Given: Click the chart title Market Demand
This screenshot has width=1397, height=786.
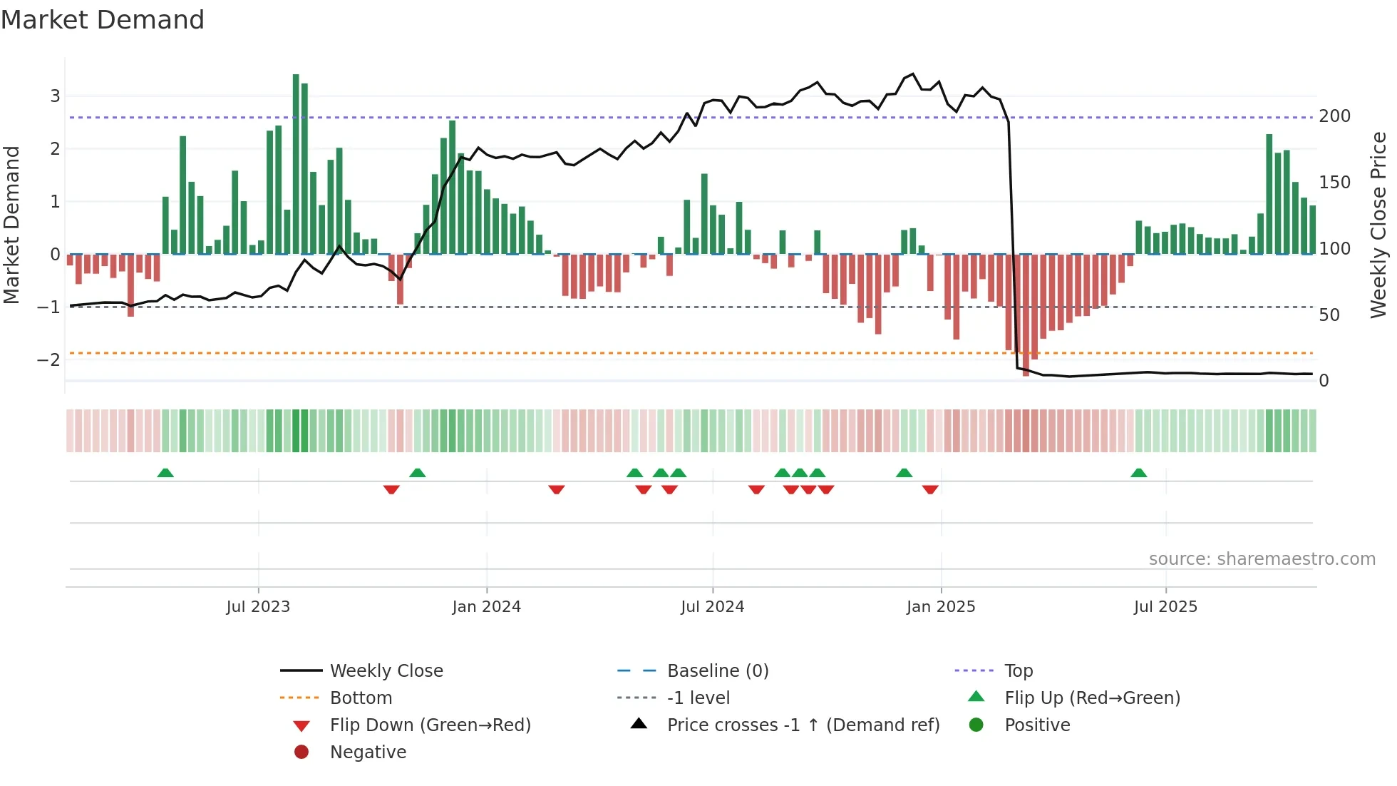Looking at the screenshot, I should [103, 20].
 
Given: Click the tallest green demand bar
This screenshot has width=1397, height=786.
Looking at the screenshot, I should [296, 164].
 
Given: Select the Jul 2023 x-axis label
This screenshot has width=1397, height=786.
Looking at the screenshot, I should [258, 607].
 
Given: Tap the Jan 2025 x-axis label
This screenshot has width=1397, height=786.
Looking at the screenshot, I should [941, 607].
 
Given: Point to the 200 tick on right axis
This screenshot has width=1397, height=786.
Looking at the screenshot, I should [1334, 116].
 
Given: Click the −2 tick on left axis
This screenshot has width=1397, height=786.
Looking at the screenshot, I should [49, 359].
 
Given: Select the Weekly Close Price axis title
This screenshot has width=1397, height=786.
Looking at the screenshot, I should [1378, 225].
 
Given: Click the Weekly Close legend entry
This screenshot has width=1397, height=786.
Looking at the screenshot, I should [386, 671].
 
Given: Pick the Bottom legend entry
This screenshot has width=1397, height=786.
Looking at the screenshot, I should [361, 698].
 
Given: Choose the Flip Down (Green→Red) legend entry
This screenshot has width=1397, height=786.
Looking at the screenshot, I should [430, 725].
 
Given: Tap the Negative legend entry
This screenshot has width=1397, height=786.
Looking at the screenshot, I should [368, 752].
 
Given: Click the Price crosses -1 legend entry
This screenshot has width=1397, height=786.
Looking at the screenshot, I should [803, 725].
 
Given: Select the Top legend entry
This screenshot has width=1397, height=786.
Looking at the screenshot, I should [1019, 671].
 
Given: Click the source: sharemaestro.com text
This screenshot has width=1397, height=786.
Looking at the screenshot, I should [1262, 559].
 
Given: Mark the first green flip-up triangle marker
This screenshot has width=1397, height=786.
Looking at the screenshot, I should [165, 473].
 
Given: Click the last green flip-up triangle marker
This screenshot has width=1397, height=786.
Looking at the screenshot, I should [1139, 473].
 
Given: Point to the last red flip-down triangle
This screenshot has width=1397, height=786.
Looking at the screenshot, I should [930, 489].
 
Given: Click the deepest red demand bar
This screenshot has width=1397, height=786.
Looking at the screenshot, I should [1026, 314].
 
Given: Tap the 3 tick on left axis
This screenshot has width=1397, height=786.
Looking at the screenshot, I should [55, 96].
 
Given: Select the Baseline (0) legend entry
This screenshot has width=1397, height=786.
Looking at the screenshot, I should [717, 671].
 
